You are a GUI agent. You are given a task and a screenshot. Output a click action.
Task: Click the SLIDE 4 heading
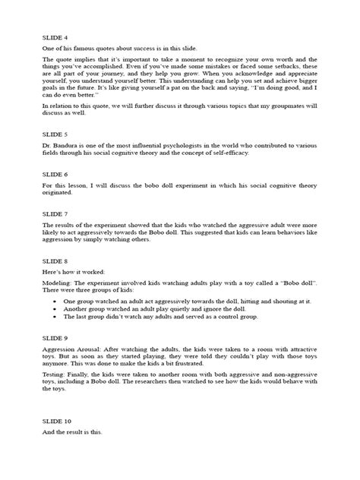pos(55,36)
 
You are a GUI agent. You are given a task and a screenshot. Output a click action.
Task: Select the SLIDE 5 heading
pos(55,134)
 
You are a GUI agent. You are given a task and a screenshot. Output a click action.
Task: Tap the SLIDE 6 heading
pos(55,174)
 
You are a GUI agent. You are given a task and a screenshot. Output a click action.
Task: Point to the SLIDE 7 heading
pos(55,214)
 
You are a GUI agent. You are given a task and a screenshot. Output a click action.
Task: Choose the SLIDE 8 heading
pos(55,262)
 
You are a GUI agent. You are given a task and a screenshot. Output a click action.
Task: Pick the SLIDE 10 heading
pos(56,420)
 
